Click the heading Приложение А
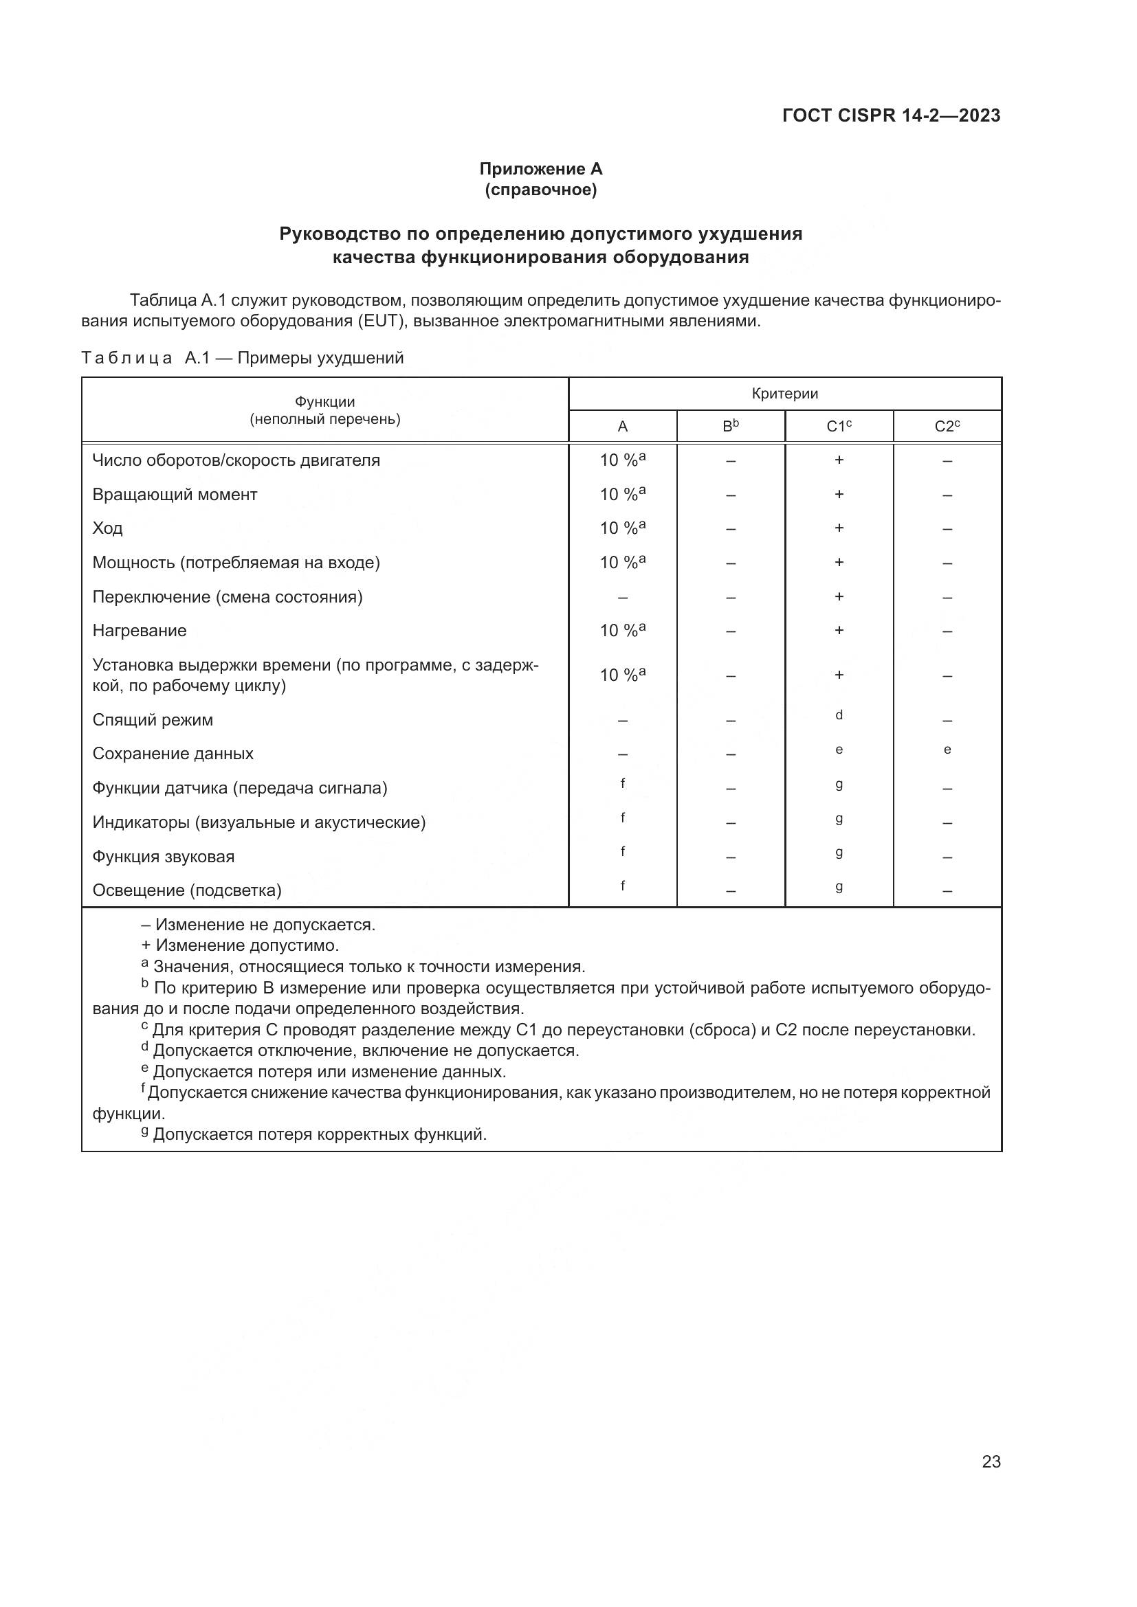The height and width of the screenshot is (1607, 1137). (x=540, y=169)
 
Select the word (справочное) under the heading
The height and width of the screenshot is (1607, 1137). (x=540, y=190)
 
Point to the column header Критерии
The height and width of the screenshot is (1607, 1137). (x=784, y=394)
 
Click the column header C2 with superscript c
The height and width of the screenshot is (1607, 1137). (x=947, y=426)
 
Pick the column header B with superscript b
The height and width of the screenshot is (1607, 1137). (x=730, y=426)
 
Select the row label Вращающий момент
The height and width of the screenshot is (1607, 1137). (x=175, y=495)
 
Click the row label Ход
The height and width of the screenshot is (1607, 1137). (x=108, y=528)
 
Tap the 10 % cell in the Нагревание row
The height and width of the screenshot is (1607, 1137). (x=621, y=631)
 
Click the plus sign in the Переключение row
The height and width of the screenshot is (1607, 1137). (x=839, y=596)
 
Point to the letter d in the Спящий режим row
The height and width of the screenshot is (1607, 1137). (x=839, y=715)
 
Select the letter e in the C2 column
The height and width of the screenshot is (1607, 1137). (x=947, y=750)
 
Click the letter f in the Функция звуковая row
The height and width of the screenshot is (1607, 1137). (x=622, y=851)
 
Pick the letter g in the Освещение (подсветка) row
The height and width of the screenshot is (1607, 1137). (x=839, y=887)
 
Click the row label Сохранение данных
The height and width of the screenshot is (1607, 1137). (x=173, y=754)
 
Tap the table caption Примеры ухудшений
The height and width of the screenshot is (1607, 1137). (x=320, y=359)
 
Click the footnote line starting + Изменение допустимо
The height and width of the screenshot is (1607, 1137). (x=240, y=945)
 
